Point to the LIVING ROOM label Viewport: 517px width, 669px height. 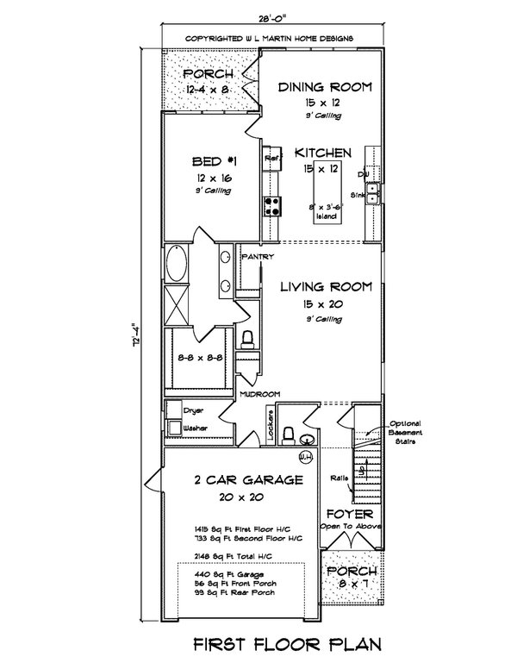327,287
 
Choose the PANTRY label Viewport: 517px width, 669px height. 258,257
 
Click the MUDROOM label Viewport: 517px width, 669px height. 260,394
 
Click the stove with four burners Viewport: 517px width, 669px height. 272,204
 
